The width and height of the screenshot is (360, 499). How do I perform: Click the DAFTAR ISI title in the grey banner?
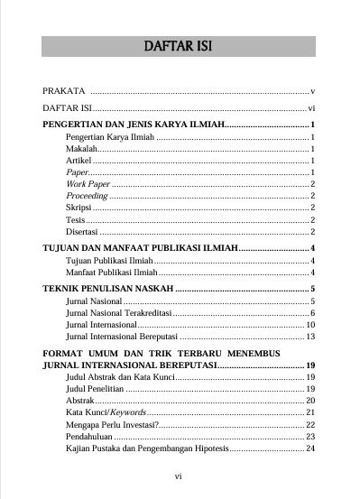click(x=180, y=46)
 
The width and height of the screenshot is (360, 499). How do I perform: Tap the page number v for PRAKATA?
click(x=311, y=92)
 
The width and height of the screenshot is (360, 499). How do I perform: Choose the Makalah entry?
click(x=81, y=147)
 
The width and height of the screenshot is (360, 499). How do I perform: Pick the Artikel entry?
click(x=80, y=159)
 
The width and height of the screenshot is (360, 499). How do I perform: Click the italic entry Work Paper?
click(x=88, y=183)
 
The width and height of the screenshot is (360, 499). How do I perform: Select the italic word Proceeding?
click(x=88, y=195)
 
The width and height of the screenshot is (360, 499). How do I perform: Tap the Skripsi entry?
click(x=79, y=207)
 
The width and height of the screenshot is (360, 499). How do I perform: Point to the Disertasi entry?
click(x=84, y=231)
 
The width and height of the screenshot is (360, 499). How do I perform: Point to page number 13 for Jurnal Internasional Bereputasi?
click(x=309, y=336)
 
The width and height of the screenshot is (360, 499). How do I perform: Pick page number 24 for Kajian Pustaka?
click(x=309, y=448)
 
